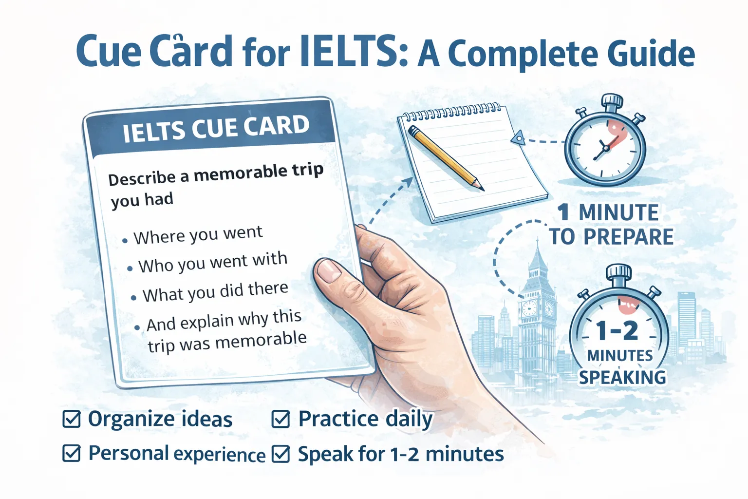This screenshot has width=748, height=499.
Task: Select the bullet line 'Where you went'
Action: click(198, 235)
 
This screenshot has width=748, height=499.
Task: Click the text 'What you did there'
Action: click(215, 292)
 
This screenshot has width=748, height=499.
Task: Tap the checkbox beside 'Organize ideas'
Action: click(72, 419)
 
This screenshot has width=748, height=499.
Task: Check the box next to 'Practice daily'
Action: click(280, 419)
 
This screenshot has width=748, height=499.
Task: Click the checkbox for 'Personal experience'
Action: click(72, 453)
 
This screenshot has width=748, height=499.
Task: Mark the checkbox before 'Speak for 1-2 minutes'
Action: click(280, 454)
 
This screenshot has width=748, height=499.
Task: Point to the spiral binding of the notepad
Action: click(450, 112)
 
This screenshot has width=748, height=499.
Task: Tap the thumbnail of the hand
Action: click(330, 270)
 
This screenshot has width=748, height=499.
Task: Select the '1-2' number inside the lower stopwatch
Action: click(617, 331)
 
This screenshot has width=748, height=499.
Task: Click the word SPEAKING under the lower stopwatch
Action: click(622, 377)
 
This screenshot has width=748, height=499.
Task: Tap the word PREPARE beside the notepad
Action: click(628, 237)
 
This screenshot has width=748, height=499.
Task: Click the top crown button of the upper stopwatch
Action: click(612, 101)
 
